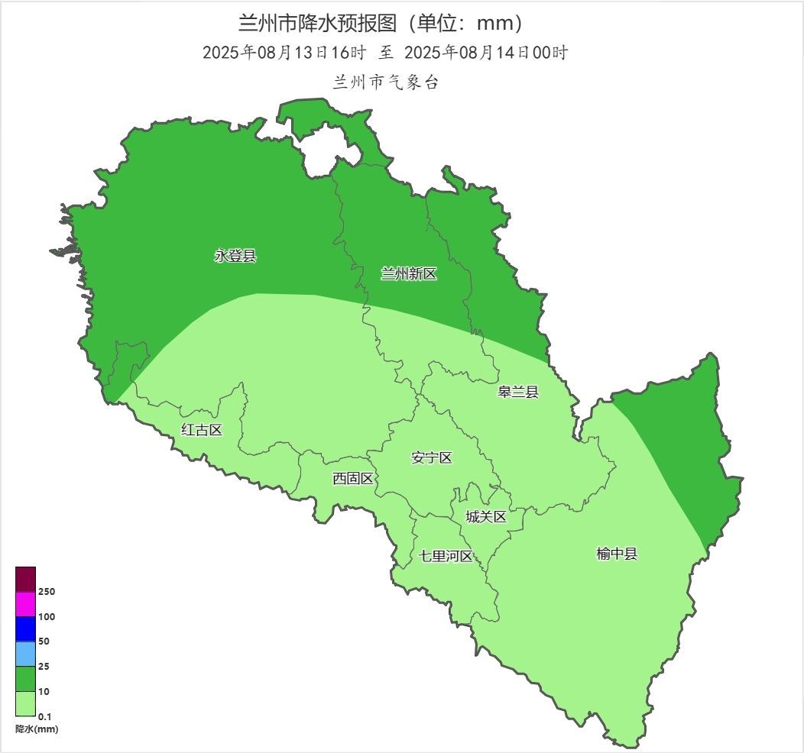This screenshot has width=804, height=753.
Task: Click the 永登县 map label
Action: point(235,257)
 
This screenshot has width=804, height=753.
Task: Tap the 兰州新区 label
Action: point(409,274)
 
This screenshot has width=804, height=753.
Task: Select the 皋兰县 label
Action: point(518,393)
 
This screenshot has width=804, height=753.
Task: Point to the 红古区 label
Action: point(202,430)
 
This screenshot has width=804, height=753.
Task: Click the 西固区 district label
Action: point(353,479)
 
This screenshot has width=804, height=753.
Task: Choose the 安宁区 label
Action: point(432,458)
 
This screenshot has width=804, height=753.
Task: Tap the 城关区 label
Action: point(486,517)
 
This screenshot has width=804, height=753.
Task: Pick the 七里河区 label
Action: point(446,556)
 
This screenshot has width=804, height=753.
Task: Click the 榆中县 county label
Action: point(617,554)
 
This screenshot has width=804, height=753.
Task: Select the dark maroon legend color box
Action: point(25,579)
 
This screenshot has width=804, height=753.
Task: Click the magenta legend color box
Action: point(25,604)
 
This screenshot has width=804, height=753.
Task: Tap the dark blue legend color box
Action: point(25,629)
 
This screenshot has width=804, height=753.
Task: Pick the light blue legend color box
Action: point(25,654)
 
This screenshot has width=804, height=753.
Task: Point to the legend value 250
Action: point(47,592)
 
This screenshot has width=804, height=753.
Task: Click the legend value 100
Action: point(47,617)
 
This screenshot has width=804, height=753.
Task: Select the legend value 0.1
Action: point(45,716)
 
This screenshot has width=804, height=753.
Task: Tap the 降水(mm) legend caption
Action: point(37,729)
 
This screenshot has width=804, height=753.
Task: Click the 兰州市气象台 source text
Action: point(386,82)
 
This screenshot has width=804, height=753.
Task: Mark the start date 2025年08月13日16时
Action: point(285,53)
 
